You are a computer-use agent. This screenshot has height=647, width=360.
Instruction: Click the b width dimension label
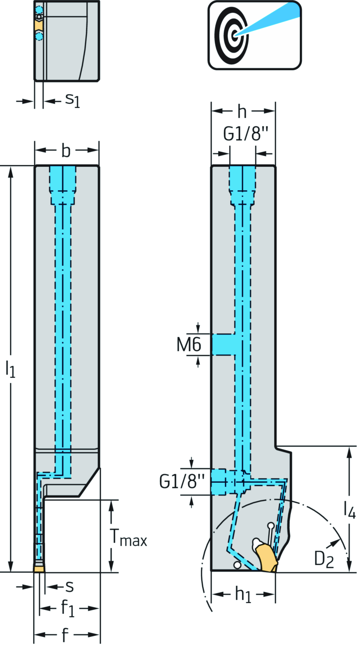coord(66,151)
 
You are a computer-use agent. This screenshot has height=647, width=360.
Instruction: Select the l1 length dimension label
coord(10,369)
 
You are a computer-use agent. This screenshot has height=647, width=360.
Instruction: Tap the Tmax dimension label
coord(129,538)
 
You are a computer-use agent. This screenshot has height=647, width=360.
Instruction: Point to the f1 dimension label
coord(67,608)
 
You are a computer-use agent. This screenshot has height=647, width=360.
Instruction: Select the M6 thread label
coord(189,344)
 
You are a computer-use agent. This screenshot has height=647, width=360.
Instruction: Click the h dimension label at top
coord(242,112)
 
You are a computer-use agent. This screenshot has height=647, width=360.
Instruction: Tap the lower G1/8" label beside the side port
coord(182,482)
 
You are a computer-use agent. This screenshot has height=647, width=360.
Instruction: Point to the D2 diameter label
coord(323,559)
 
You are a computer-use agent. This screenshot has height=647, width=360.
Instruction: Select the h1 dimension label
coord(243,595)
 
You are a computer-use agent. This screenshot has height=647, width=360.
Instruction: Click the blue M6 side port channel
coord(223,344)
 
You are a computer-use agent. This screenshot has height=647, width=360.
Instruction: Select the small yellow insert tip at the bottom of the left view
coord(39,568)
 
